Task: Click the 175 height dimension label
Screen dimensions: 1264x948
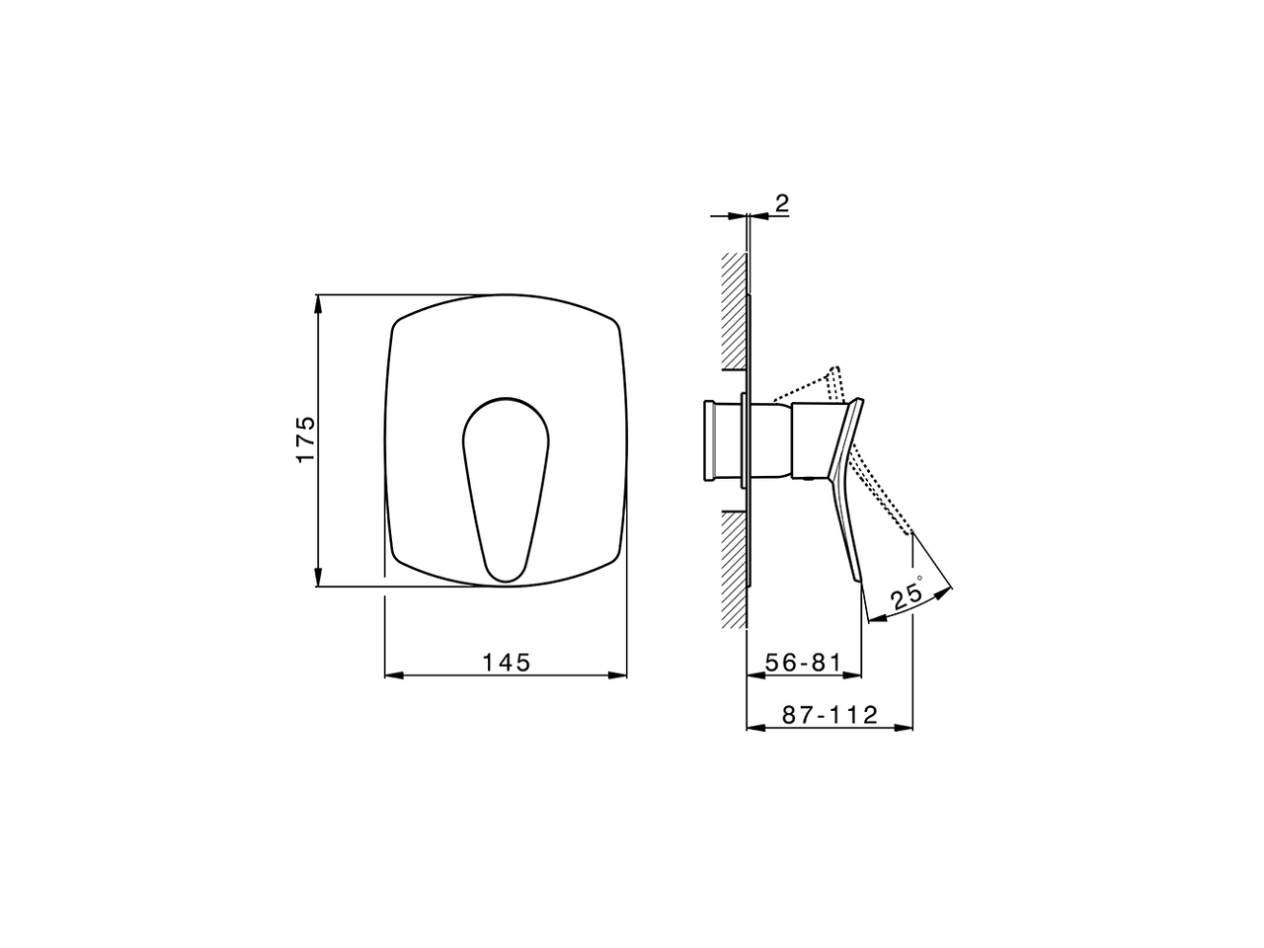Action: pyautogui.click(x=306, y=438)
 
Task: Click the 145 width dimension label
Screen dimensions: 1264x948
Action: pyautogui.click(x=506, y=663)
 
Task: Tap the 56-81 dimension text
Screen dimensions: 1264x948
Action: pyautogui.click(x=804, y=663)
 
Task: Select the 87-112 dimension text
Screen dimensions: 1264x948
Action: pyautogui.click(x=829, y=715)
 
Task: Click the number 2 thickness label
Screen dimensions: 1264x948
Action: pyautogui.click(x=781, y=203)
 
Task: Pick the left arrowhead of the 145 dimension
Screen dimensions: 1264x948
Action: pyautogui.click(x=394, y=675)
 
